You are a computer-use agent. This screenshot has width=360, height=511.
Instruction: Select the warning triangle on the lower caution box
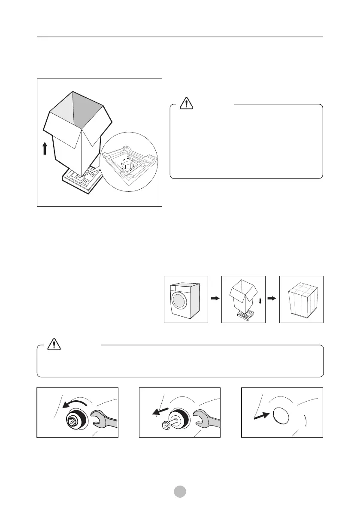pyautogui.click(x=54, y=343)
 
